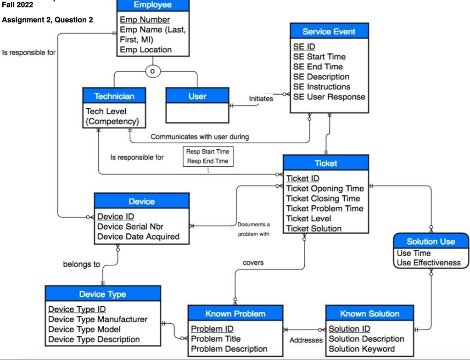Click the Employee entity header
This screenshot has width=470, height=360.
pos(152,5)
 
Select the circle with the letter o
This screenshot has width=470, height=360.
pos(153,72)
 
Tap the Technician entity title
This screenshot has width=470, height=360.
pos(114,96)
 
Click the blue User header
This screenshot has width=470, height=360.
pos(197,96)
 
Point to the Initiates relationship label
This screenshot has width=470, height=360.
pos(261,98)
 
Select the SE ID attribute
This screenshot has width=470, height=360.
pos(304,47)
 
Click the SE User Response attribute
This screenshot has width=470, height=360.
pos(329,97)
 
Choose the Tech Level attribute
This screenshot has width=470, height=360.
pos(106,111)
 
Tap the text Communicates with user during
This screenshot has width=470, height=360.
pos(200,136)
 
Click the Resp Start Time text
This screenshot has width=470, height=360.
pos(207,152)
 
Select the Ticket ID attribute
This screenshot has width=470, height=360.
pos(302,179)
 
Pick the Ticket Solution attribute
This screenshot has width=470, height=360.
pos(314,228)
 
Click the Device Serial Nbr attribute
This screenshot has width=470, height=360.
pos(130,226)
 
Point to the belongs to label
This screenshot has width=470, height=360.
pos(81,264)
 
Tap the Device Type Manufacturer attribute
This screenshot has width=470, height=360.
pos(98,319)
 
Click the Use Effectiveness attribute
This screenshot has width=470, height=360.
pos(429,263)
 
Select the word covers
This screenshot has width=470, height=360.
pos(253,263)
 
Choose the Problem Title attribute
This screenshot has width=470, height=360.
pos(216,339)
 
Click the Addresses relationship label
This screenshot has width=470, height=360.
pos(306,340)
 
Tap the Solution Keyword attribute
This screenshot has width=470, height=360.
pos(362,349)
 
